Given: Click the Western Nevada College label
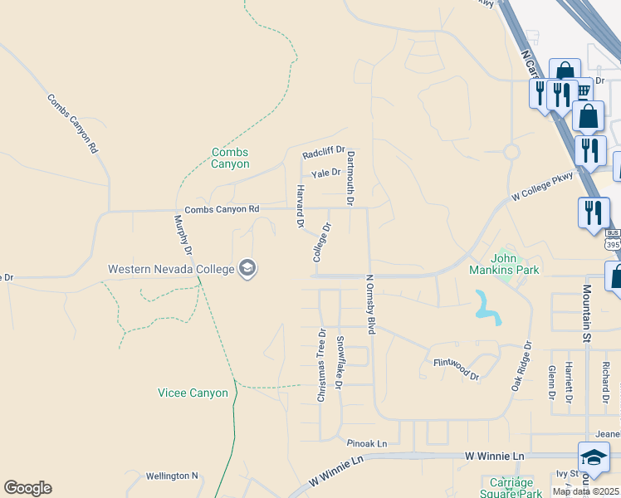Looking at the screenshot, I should (x=171, y=269).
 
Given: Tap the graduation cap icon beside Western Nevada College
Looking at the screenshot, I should (x=247, y=268).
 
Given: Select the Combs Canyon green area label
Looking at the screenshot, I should (x=230, y=158).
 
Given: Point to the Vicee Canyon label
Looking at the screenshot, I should (x=193, y=393).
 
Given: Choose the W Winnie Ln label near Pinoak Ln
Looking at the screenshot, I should (x=494, y=456).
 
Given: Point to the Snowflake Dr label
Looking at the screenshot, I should (x=339, y=363).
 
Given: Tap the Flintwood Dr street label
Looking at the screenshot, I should (x=457, y=369).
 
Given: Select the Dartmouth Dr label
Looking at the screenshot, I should (x=350, y=178).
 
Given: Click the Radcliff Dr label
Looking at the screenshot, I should (x=323, y=154).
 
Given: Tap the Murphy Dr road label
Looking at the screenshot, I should (x=183, y=236).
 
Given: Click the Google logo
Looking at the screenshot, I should (x=27, y=488).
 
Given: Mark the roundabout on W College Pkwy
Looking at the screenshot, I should (x=511, y=152).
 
